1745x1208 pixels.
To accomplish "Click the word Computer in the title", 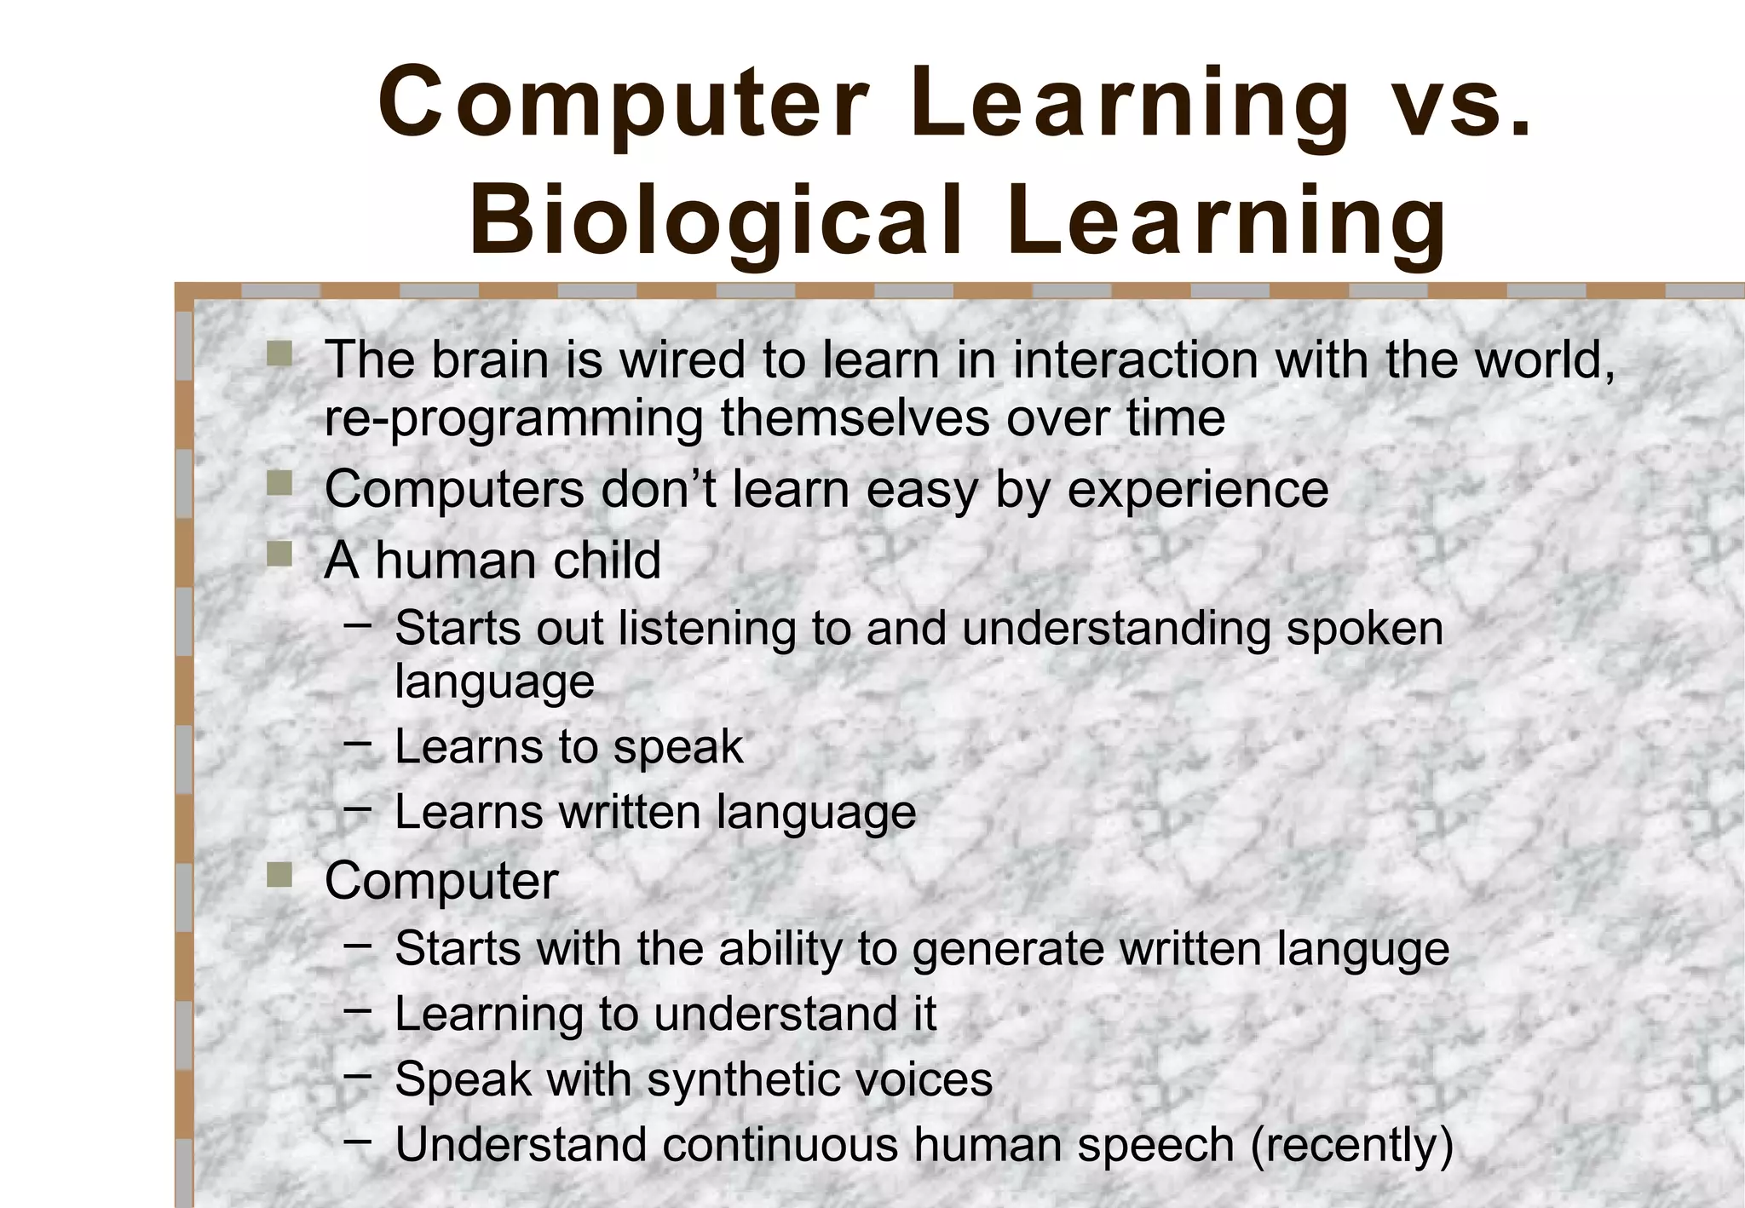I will click(x=623, y=104).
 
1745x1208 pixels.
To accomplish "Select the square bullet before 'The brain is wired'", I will click(x=279, y=354).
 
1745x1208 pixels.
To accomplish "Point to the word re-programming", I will click(x=514, y=419).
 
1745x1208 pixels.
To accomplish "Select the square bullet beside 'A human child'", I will click(x=279, y=555).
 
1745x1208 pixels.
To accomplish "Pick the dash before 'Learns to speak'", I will click(x=358, y=742).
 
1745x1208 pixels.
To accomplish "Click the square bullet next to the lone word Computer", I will click(x=279, y=875).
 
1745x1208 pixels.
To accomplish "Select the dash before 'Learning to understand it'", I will click(x=358, y=1010).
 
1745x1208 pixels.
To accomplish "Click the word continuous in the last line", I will click(x=780, y=1145).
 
